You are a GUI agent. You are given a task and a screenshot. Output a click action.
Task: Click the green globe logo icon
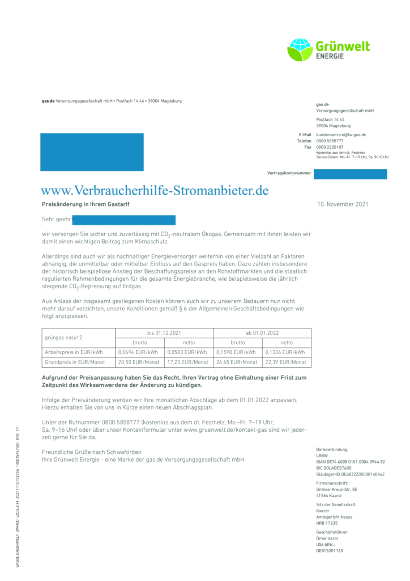click(x=300, y=49)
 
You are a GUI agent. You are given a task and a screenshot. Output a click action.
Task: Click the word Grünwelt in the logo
click(x=343, y=46)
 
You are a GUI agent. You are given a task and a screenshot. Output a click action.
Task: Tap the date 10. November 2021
click(x=343, y=204)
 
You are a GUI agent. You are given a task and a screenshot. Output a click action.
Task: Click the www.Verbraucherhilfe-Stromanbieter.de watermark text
click(x=155, y=190)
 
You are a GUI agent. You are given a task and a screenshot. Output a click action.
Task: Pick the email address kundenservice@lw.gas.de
click(x=341, y=134)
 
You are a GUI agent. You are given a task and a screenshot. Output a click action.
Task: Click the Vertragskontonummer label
click(x=289, y=172)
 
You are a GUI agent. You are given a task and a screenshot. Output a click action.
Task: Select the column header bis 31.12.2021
click(x=164, y=332)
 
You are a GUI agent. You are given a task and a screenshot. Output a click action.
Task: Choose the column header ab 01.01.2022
click(x=262, y=332)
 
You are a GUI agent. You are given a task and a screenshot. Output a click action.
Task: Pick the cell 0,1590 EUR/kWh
click(x=237, y=352)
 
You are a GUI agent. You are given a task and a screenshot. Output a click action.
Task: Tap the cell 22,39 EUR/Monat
click(x=286, y=362)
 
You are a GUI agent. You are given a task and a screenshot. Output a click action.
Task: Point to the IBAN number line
click(x=351, y=462)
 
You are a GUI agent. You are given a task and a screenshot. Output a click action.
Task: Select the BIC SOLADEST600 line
click(x=334, y=468)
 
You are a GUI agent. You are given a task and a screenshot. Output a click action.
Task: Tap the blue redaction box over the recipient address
click(x=92, y=151)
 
